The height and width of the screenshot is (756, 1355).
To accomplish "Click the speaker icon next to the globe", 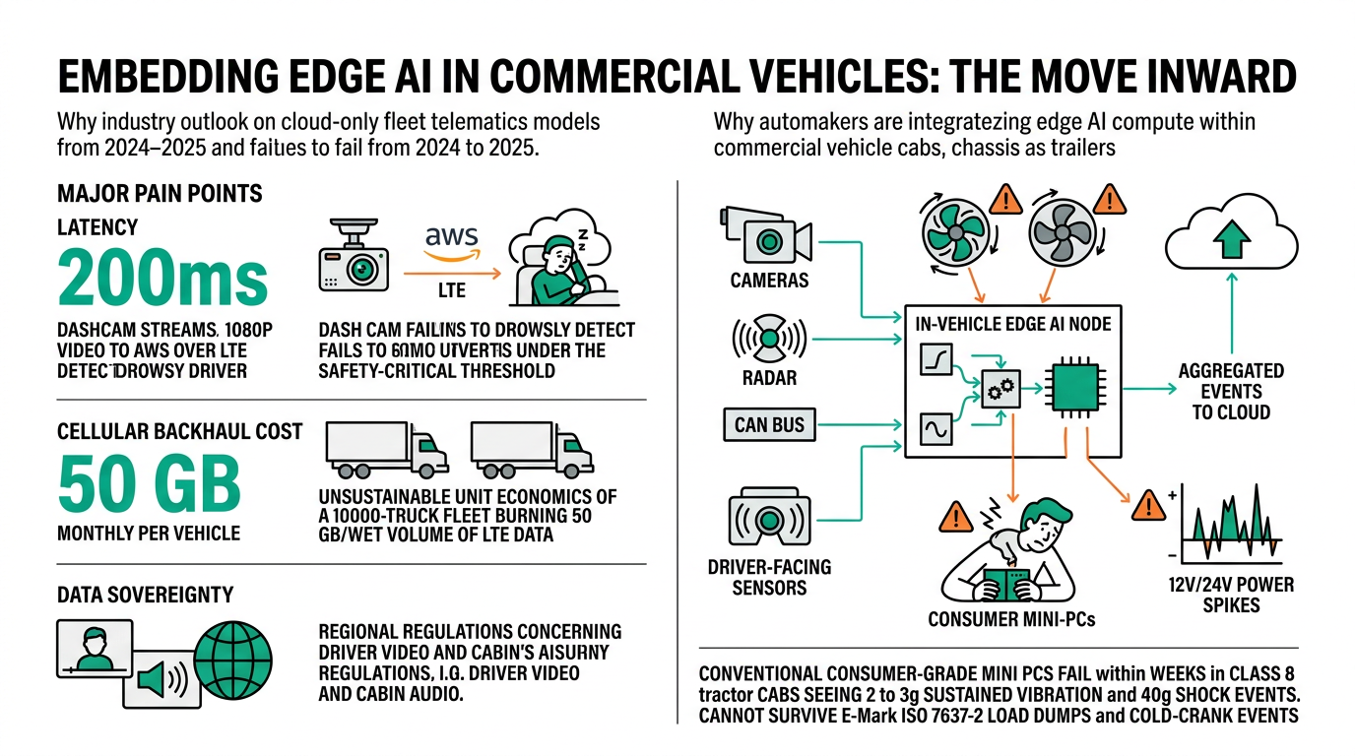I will tap(161, 678).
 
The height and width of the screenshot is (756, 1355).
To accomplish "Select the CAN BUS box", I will tap(769, 425).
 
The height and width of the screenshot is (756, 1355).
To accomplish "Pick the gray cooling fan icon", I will tap(1062, 232).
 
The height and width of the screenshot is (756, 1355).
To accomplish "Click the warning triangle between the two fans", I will tap(1005, 201).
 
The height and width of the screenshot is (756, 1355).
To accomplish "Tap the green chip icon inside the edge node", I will tap(1071, 388).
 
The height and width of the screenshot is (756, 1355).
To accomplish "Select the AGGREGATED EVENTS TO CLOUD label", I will tap(1231, 391).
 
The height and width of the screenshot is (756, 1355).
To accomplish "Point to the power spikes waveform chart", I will tap(1232, 526).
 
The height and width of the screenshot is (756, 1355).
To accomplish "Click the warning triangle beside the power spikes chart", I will tap(1147, 507).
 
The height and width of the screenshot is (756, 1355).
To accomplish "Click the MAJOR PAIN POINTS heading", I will tap(160, 192).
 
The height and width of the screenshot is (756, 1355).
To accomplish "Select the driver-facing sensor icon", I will tap(769, 519).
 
